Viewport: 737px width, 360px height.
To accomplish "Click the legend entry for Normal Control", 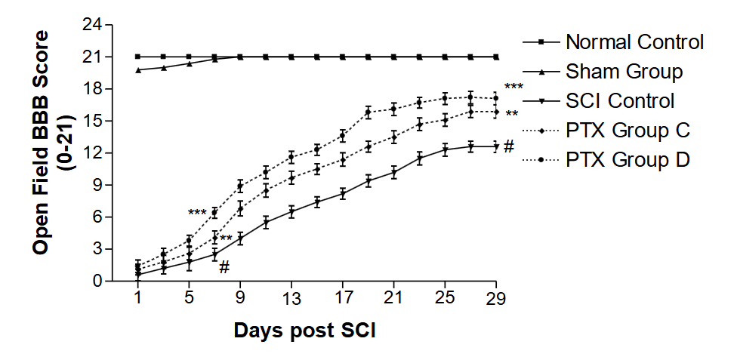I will (634, 42).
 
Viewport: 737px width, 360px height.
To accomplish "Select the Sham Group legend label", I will (624, 72).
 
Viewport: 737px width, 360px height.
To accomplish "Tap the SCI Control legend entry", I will (620, 100).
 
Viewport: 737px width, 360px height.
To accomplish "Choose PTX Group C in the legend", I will (628, 130).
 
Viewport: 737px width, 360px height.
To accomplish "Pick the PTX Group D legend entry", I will (628, 159).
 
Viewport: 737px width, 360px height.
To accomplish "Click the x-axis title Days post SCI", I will (304, 331).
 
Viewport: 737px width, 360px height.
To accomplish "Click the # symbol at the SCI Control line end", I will (509, 146).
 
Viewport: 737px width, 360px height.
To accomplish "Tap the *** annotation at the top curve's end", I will (513, 87).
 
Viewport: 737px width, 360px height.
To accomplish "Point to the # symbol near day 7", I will (224, 266).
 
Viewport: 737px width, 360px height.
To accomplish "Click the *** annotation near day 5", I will (197, 213).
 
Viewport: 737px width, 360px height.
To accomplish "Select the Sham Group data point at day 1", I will (138, 70).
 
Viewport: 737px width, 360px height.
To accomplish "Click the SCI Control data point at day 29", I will (495, 146).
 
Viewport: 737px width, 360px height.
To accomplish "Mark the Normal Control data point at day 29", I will (495, 57).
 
